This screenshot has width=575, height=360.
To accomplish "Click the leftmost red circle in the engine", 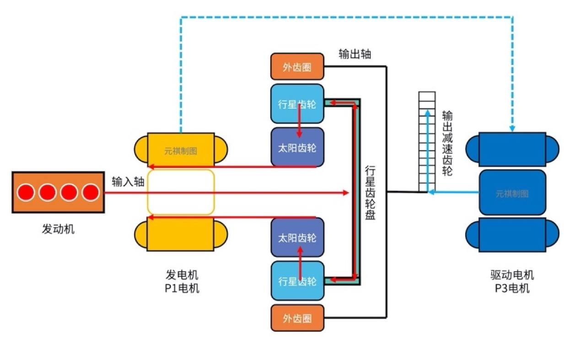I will click(26, 192).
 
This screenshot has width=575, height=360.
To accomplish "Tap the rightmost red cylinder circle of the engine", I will click(91, 192).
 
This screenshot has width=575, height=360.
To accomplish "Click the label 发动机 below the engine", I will click(58, 229).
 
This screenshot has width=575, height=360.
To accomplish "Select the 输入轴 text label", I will click(128, 182).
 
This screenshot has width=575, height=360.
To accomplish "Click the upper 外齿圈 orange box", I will click(297, 67).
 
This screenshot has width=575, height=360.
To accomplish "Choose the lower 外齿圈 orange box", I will click(297, 318).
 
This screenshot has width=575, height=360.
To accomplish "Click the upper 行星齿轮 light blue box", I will click(297, 104).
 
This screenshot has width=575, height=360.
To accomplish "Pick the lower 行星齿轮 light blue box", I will click(297, 280).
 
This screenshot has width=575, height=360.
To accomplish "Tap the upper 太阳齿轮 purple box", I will click(297, 147).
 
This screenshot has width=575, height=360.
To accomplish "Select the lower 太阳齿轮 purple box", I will click(297, 237).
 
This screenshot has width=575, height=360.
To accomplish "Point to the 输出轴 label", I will click(355, 54).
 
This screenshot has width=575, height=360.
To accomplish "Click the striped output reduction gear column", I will click(426, 142).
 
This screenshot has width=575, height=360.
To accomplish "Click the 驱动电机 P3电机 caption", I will click(512, 282).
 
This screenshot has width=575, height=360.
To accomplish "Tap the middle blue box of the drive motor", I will click(512, 193).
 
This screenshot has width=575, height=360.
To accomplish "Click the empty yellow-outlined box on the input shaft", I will click(181, 192).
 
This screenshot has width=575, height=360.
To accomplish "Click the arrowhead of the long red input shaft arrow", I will click(346, 193).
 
